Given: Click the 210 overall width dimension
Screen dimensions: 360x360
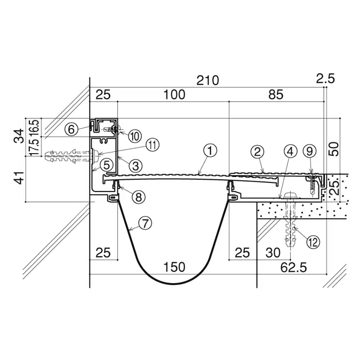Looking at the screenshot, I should coord(207,81).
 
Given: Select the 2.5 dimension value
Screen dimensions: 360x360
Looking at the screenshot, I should coord(325,79).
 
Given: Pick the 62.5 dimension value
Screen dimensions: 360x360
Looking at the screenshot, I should coord(292,267).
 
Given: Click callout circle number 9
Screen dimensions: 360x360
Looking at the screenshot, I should coord(310,151).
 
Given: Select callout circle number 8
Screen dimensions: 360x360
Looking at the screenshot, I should coord(138,196).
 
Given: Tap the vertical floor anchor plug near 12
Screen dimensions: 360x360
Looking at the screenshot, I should coord(291,224).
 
